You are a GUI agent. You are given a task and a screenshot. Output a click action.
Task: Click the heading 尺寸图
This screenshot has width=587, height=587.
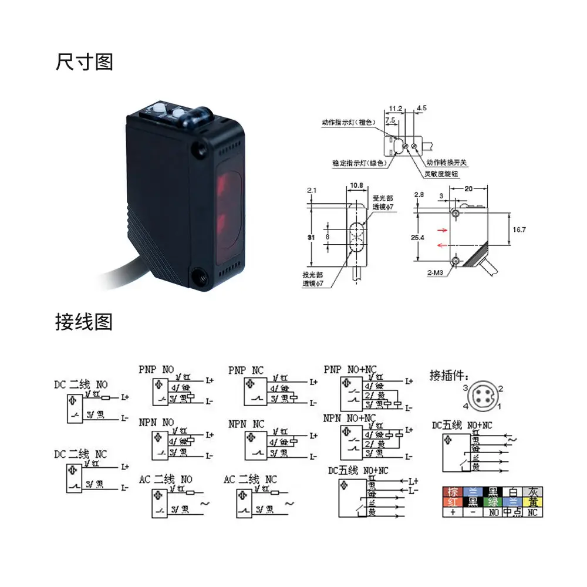85,62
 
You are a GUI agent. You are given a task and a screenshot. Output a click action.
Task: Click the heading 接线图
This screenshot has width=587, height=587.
84,322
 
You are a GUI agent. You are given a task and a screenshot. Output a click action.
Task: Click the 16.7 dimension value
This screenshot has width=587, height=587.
519,230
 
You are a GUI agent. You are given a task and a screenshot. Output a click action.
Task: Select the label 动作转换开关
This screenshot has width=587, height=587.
447,162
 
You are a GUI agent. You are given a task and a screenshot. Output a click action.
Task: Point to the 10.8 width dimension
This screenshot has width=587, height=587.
356,186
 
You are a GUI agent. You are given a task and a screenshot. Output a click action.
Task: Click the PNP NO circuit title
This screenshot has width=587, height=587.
156,370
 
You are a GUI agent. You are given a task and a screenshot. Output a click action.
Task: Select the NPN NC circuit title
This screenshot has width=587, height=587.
246,423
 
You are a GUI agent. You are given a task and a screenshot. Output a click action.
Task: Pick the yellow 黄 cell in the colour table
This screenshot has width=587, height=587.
532,502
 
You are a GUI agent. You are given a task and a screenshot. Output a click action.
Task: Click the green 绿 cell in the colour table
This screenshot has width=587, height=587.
492,502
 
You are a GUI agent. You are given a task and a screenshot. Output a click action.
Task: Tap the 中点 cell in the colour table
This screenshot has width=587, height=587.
512,512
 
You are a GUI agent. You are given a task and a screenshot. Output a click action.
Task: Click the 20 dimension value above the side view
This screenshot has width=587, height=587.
468,188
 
